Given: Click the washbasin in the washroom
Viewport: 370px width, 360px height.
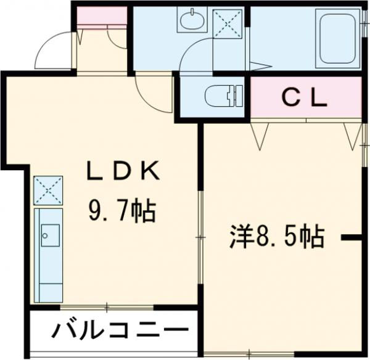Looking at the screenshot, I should click(193, 21).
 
